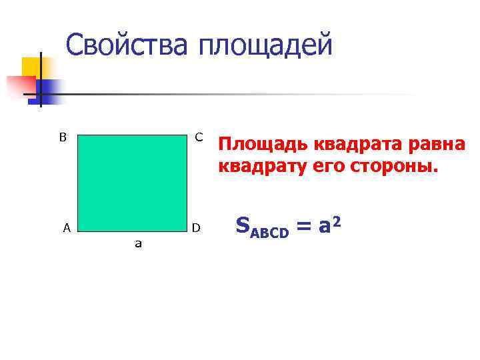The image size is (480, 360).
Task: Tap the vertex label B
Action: coord(63,138)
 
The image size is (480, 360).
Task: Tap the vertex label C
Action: coord(199,137)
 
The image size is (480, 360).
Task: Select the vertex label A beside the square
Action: coord(66,228)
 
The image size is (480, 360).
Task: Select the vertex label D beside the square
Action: coord(196,228)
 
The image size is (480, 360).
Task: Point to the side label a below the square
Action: coord(138,244)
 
